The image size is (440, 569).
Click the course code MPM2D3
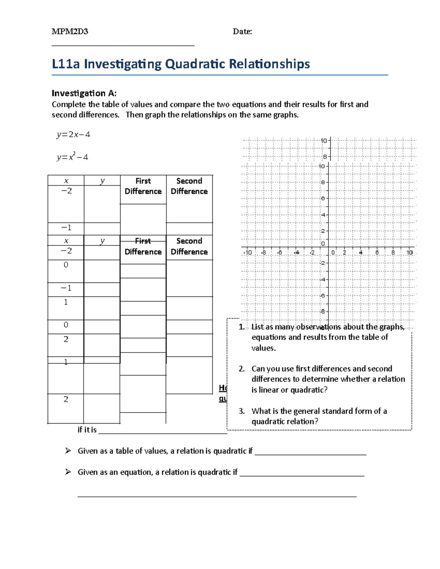(70, 32)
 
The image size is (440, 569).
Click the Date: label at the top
(242, 32)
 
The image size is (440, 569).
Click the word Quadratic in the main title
(195, 64)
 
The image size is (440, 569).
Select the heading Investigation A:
(84, 93)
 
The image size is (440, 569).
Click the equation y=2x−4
(73, 134)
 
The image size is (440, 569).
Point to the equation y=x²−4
(72, 157)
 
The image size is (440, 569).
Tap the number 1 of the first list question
(241, 327)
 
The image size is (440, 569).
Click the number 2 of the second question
(241, 369)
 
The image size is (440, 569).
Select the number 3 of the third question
(241, 411)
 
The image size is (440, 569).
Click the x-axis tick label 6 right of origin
(377, 252)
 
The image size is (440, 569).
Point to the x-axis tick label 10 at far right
(410, 252)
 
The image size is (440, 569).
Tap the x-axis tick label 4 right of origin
(361, 252)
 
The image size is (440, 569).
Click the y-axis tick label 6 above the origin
(323, 198)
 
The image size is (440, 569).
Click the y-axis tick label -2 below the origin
(322, 263)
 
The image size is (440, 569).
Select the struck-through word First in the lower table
(143, 241)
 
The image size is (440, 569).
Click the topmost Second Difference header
(189, 186)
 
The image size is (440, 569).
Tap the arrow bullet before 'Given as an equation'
(68, 472)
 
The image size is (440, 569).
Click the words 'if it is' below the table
(87, 430)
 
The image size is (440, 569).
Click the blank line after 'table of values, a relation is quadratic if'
(310, 454)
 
